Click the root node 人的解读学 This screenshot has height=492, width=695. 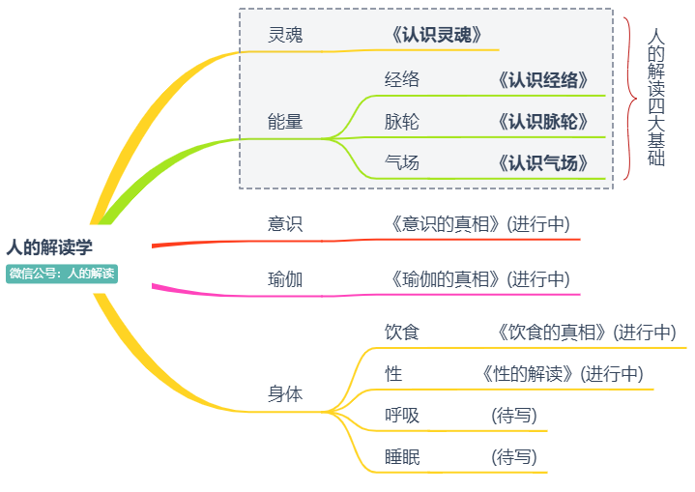(x=49, y=247)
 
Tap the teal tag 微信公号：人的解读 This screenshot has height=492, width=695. (x=62, y=274)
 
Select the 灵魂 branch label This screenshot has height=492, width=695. (x=285, y=36)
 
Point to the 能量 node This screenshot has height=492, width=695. (x=285, y=122)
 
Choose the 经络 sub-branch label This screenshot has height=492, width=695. (x=402, y=80)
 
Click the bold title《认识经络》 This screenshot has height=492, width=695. (x=542, y=80)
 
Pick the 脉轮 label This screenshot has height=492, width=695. (x=402, y=123)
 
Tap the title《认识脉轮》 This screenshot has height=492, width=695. (x=542, y=123)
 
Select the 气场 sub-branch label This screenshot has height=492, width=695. (x=402, y=163)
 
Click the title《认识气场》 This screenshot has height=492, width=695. (x=542, y=163)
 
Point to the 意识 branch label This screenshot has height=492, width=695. (x=285, y=224)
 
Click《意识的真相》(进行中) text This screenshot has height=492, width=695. (x=480, y=224)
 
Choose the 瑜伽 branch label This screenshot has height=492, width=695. (x=285, y=280)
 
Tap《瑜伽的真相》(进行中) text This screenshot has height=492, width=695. (x=480, y=280)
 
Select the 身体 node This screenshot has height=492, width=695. (x=285, y=394)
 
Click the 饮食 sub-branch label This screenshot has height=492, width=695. (x=402, y=333)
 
